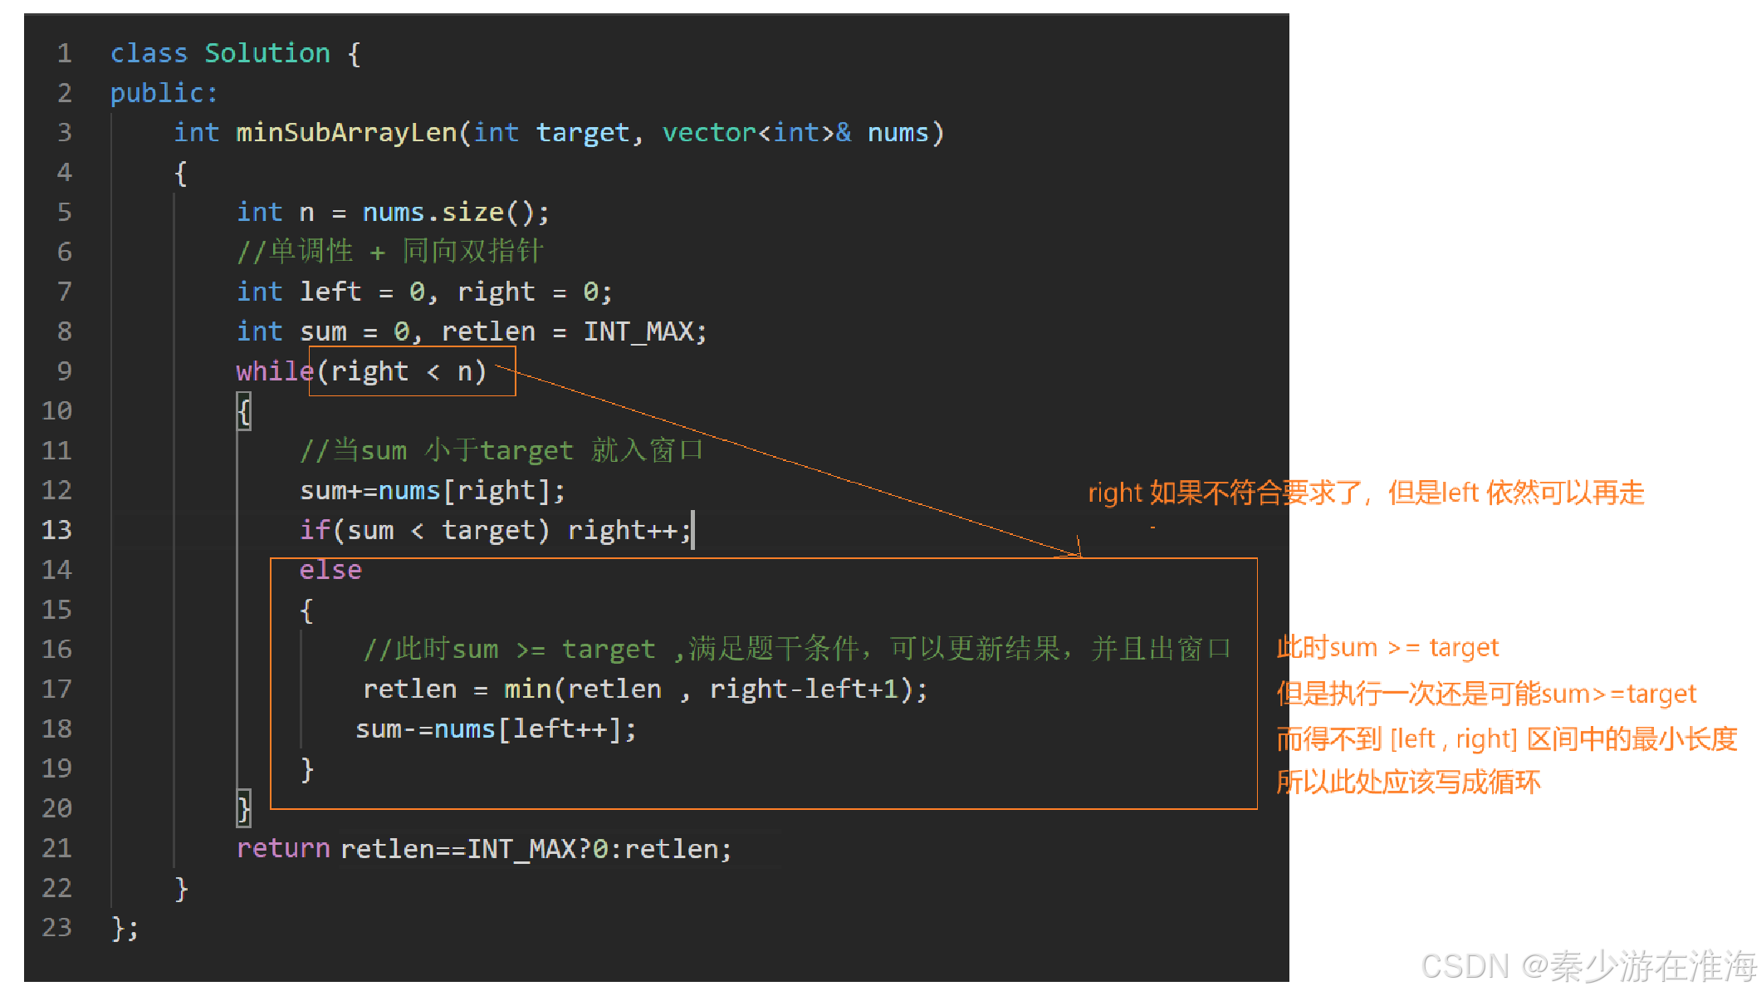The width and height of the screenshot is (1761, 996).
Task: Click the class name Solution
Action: (x=267, y=53)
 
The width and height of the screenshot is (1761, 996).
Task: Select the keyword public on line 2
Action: (x=157, y=93)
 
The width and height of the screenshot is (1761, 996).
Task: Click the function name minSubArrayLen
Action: (x=346, y=133)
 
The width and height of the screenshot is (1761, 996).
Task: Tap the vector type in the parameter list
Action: (x=709, y=133)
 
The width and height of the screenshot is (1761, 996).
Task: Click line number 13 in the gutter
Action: (x=56, y=530)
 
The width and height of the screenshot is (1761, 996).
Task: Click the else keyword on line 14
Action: (x=330, y=570)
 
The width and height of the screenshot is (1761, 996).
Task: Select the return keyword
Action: (x=283, y=848)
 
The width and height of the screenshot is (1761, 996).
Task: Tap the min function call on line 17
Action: (x=527, y=689)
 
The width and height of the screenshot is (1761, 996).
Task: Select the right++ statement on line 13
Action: (x=627, y=530)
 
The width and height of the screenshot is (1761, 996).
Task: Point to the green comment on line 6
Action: (x=389, y=252)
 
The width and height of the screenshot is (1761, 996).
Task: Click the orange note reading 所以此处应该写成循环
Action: (x=1408, y=783)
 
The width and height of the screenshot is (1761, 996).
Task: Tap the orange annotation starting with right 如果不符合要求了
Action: (x=1366, y=493)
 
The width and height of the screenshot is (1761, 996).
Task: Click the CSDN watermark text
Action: (x=1587, y=966)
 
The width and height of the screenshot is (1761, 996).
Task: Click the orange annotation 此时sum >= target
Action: (x=1387, y=647)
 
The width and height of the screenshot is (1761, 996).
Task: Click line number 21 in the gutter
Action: (x=56, y=848)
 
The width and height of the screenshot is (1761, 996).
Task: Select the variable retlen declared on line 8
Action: (x=488, y=331)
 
